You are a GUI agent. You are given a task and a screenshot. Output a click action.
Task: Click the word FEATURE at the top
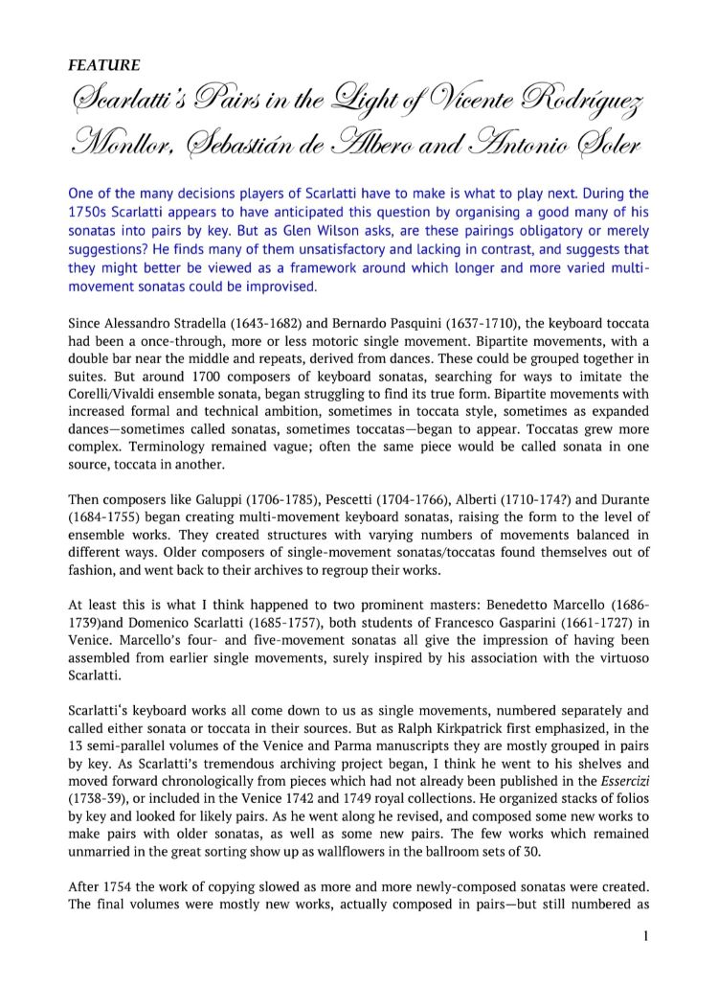click(x=104, y=66)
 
